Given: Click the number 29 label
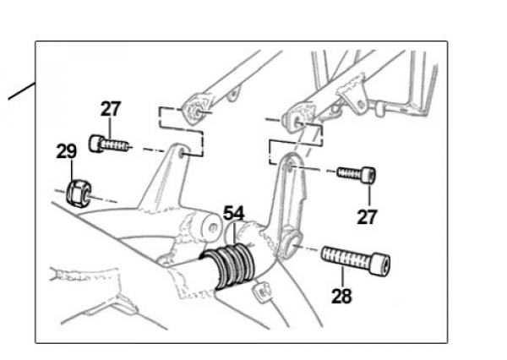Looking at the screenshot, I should (x=67, y=151).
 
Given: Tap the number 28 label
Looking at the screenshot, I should (x=342, y=297).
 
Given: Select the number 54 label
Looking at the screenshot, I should (x=234, y=213).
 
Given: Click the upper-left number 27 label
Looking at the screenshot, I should (x=111, y=109).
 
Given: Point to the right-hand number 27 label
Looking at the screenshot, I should (x=366, y=217).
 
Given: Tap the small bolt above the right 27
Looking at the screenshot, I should (x=356, y=174).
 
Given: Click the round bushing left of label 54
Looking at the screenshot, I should (x=207, y=229).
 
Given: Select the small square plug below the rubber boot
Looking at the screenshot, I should (x=263, y=294).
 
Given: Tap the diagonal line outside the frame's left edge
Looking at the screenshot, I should (x=20, y=91).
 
